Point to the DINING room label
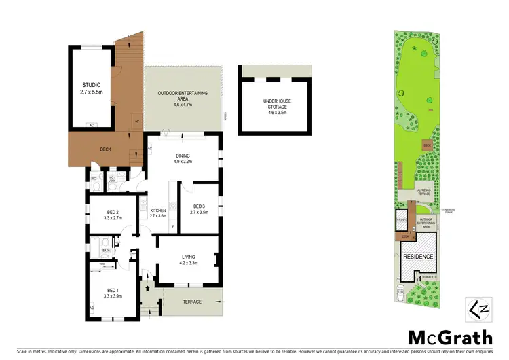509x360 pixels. [x=183, y=156]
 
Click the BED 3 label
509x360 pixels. [x=199, y=206]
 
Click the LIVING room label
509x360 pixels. [x=188, y=256]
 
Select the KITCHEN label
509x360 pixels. [x=157, y=211]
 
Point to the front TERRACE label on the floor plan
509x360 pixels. [x=192, y=301]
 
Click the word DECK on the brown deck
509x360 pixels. [x=105, y=149]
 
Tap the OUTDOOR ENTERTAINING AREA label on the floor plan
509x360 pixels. [x=183, y=96]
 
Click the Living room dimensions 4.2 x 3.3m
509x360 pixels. [x=188, y=263]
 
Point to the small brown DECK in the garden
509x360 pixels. [x=427, y=145]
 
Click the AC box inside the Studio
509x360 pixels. [x=91, y=125]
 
